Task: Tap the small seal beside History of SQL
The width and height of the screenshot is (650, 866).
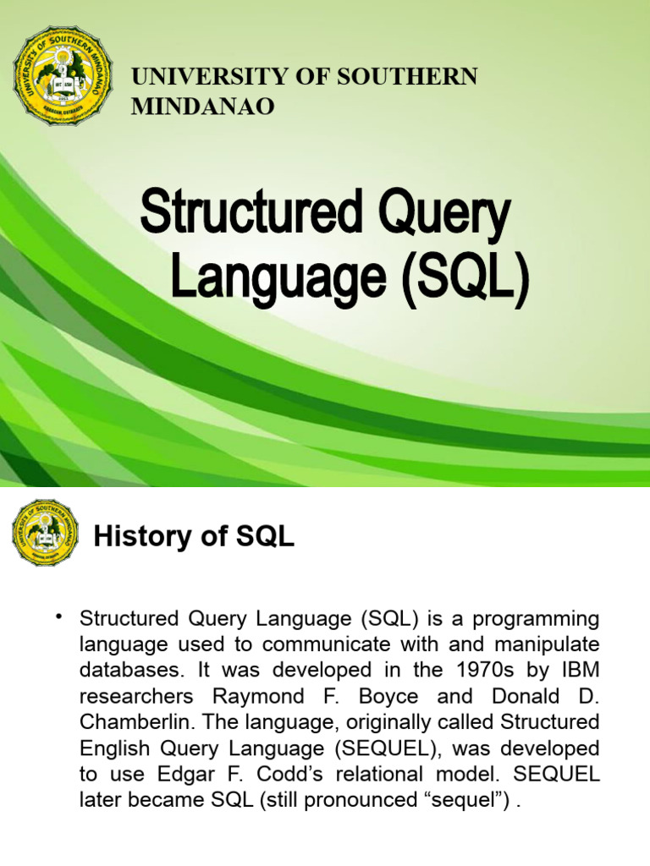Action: coord(45,533)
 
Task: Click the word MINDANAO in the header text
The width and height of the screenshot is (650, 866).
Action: coord(202,107)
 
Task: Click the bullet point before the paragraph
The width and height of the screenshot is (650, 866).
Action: coord(59,616)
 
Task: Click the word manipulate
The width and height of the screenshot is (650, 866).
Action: coord(548,644)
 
